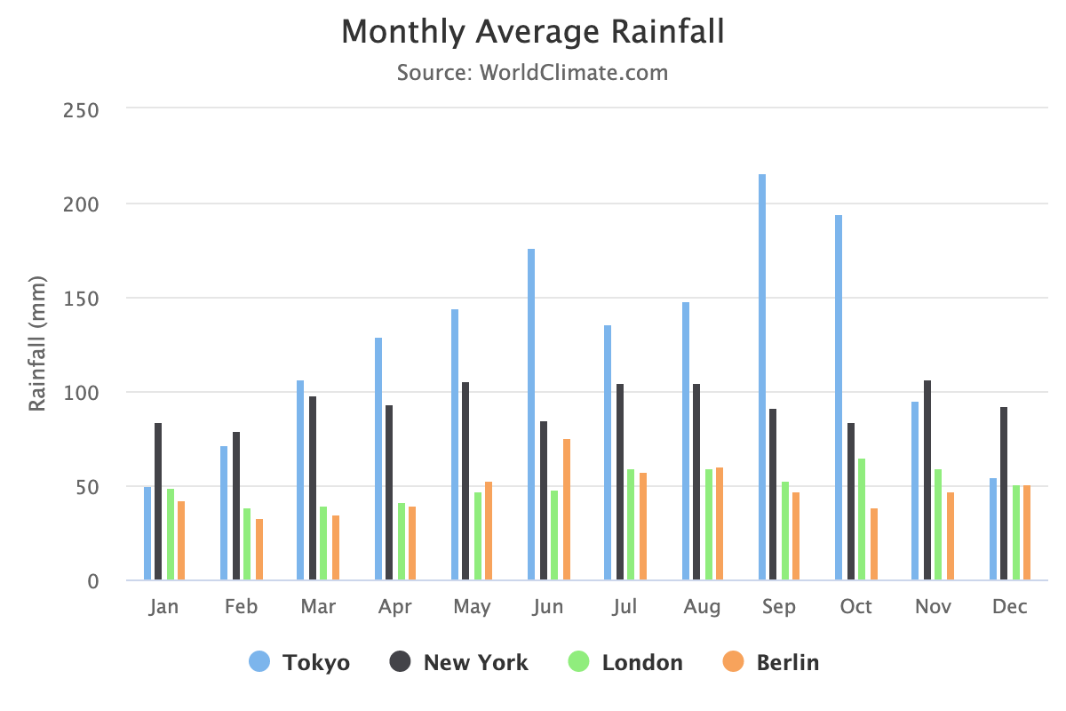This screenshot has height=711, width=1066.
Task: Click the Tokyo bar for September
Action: (762, 378)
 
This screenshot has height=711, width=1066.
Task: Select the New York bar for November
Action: (927, 480)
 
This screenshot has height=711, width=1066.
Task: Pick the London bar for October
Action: (862, 519)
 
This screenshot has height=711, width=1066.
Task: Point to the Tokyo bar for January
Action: (147, 533)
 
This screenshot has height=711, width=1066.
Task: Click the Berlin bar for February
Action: (259, 549)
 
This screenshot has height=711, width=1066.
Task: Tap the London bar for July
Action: (631, 524)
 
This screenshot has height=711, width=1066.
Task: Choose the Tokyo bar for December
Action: (993, 529)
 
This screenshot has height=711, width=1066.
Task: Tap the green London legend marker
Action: (579, 662)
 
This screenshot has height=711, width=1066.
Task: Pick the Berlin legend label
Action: (788, 662)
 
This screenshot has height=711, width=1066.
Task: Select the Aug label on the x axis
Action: (702, 607)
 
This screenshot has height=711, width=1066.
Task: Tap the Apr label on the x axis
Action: (394, 607)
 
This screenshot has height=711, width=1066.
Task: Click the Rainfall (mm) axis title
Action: (37, 345)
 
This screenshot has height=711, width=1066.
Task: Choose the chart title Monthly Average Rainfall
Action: (533, 33)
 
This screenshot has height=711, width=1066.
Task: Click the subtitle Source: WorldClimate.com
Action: (533, 72)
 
